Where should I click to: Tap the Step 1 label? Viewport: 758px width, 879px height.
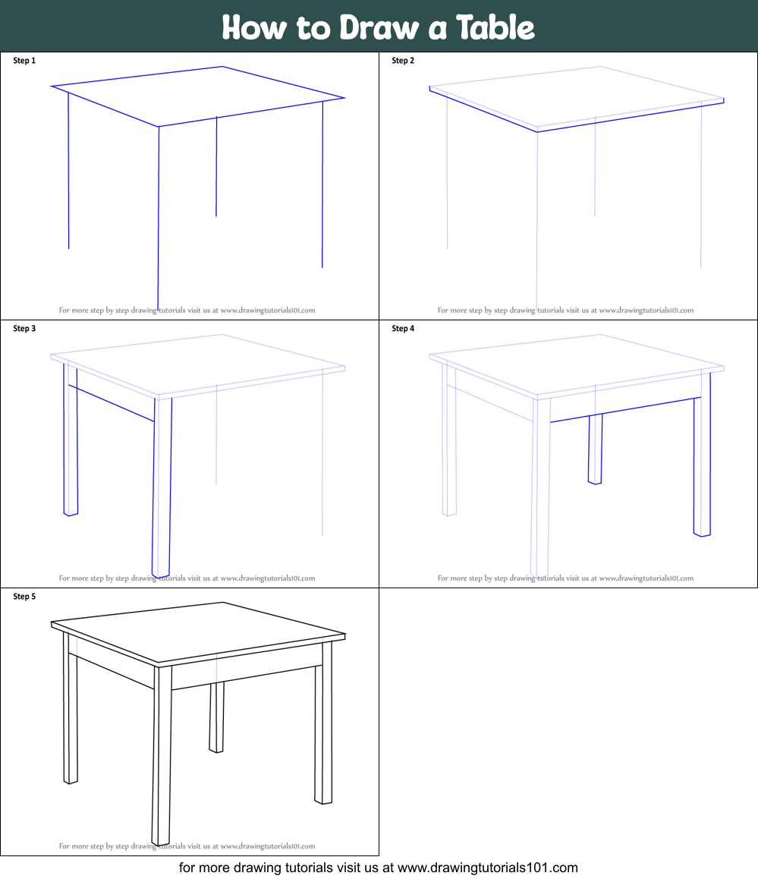(x=24, y=61)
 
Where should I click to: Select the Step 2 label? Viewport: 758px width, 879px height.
(x=403, y=61)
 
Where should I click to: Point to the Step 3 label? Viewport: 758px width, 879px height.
(x=24, y=329)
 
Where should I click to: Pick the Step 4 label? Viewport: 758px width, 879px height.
(x=403, y=329)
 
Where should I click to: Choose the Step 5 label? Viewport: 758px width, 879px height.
(x=24, y=597)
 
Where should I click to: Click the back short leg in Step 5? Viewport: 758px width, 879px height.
(x=217, y=717)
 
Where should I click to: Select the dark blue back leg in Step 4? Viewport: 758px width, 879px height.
(x=596, y=449)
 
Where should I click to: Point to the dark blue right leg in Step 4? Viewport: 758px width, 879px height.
(x=703, y=454)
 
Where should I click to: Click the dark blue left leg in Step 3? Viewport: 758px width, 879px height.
(x=71, y=440)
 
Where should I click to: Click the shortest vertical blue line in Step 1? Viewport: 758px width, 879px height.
(x=216, y=166)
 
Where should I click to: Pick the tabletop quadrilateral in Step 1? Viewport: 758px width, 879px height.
(x=197, y=96)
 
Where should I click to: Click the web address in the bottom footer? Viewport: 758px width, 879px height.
(x=487, y=868)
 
